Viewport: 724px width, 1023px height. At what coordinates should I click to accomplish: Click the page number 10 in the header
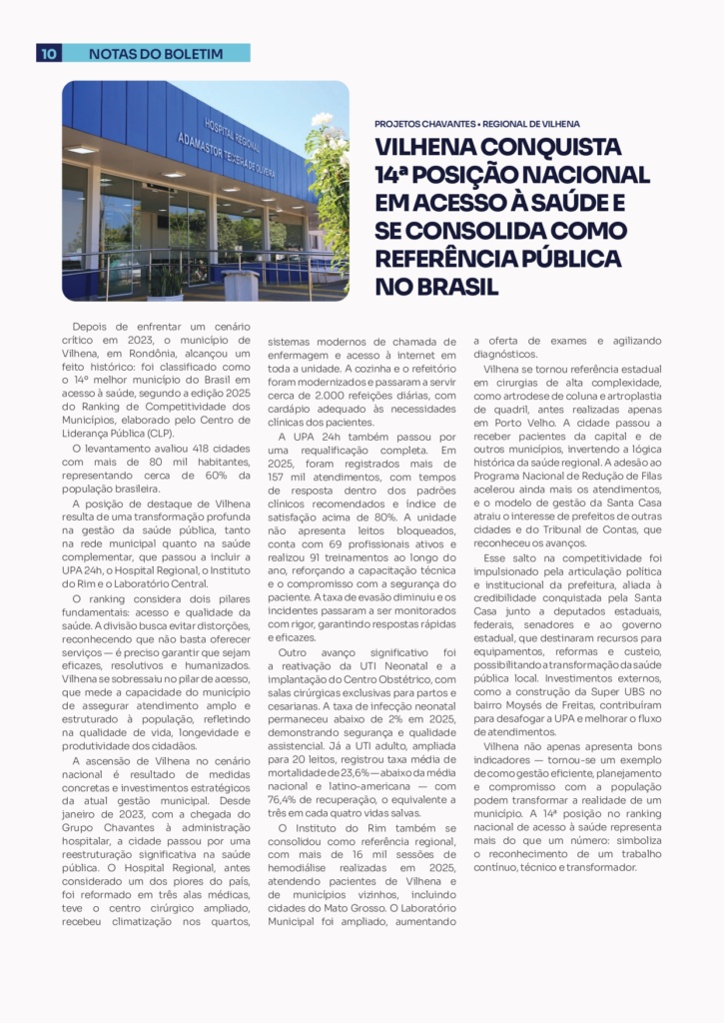coord(49,53)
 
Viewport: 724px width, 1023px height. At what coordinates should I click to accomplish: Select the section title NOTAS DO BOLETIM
coord(156,53)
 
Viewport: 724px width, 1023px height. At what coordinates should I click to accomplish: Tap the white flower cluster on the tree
coord(322,121)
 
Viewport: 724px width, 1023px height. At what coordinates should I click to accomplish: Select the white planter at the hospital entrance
coord(240,285)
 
